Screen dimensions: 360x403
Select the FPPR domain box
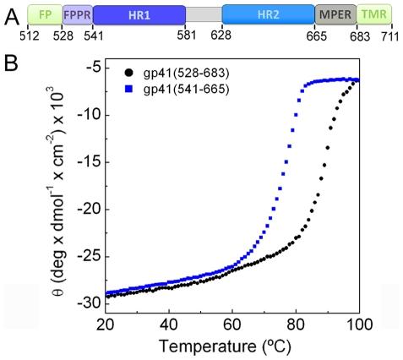tap(78, 14)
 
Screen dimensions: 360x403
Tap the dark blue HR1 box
tap(139, 14)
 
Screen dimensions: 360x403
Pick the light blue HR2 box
tap(268, 14)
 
